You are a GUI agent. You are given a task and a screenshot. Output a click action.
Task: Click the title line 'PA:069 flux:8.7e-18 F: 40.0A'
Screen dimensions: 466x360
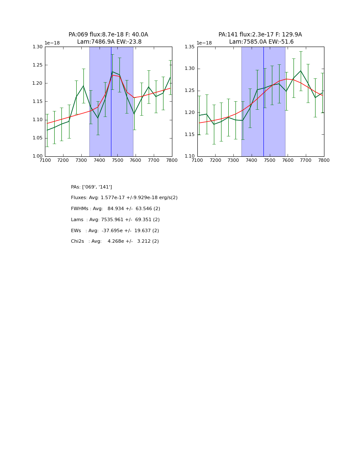pyautogui.click(x=108, y=35)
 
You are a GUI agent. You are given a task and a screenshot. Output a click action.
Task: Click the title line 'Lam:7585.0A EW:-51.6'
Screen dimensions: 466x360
pyautogui.click(x=261, y=42)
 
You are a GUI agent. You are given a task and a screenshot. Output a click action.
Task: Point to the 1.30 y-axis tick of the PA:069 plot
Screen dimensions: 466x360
pyautogui.click(x=38, y=47)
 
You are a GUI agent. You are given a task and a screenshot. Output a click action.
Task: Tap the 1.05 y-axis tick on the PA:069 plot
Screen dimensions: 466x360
pyautogui.click(x=38, y=138)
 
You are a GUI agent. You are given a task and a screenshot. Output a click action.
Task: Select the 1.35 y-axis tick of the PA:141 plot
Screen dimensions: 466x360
pyautogui.click(x=190, y=47)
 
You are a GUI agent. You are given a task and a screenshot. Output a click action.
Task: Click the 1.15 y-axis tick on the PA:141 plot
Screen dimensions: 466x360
pyautogui.click(x=190, y=135)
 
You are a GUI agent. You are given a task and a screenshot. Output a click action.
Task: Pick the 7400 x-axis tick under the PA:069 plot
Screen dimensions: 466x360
pyautogui.click(x=99, y=160)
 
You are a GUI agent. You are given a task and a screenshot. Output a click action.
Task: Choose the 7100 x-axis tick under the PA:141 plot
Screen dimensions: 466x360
pyautogui.click(x=197, y=160)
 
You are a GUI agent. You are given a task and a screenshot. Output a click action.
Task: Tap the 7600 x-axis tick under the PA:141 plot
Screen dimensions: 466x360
pyautogui.click(x=288, y=160)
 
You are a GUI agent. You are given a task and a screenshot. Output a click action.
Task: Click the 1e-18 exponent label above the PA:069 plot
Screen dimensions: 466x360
pyautogui.click(x=52, y=43)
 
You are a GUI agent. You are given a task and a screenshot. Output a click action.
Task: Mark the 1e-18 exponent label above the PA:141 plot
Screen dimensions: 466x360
pyautogui.click(x=204, y=43)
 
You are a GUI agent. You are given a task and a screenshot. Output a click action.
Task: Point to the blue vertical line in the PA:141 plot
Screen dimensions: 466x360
pyautogui.click(x=263, y=127)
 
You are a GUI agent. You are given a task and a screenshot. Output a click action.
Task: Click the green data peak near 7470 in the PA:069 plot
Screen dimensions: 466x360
pyautogui.click(x=113, y=72)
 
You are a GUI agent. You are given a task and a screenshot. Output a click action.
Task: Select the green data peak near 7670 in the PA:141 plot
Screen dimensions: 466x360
pyautogui.click(x=301, y=71)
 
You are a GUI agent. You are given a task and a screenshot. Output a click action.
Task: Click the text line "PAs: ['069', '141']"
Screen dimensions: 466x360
pyautogui.click(x=91, y=187)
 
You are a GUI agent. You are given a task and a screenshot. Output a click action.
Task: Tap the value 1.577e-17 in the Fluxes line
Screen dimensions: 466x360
pyautogui.click(x=114, y=198)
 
